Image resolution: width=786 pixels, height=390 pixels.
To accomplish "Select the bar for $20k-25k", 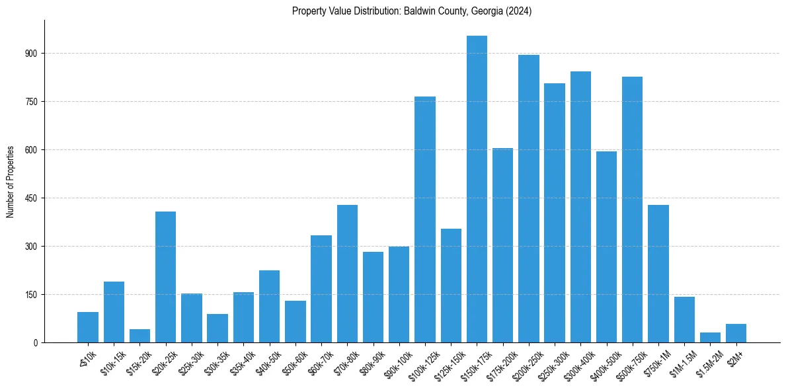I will pyautogui.click(x=165, y=277).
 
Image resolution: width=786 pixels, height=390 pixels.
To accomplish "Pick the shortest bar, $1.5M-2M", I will pyautogui.click(x=710, y=338).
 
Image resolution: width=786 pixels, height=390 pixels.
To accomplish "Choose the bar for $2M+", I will pyautogui.click(x=736, y=333).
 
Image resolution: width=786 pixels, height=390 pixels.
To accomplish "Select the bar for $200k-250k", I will pyautogui.click(x=528, y=198).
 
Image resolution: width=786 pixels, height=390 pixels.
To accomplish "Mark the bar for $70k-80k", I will pyautogui.click(x=347, y=274).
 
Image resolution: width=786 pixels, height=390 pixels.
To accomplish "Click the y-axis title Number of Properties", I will pyautogui.click(x=10, y=182).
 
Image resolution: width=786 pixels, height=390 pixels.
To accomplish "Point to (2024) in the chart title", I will pyautogui.click(x=518, y=11).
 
